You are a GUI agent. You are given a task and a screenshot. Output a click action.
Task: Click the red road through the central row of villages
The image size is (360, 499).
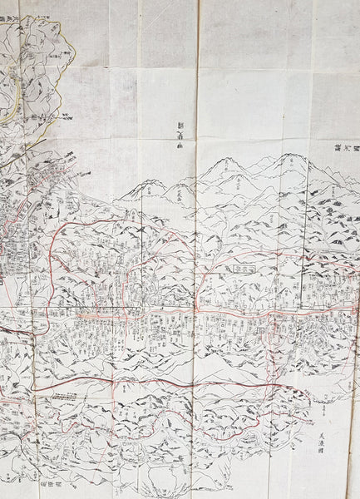166,316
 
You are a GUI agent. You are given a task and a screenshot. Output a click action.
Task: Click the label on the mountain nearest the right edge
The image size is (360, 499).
330,191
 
